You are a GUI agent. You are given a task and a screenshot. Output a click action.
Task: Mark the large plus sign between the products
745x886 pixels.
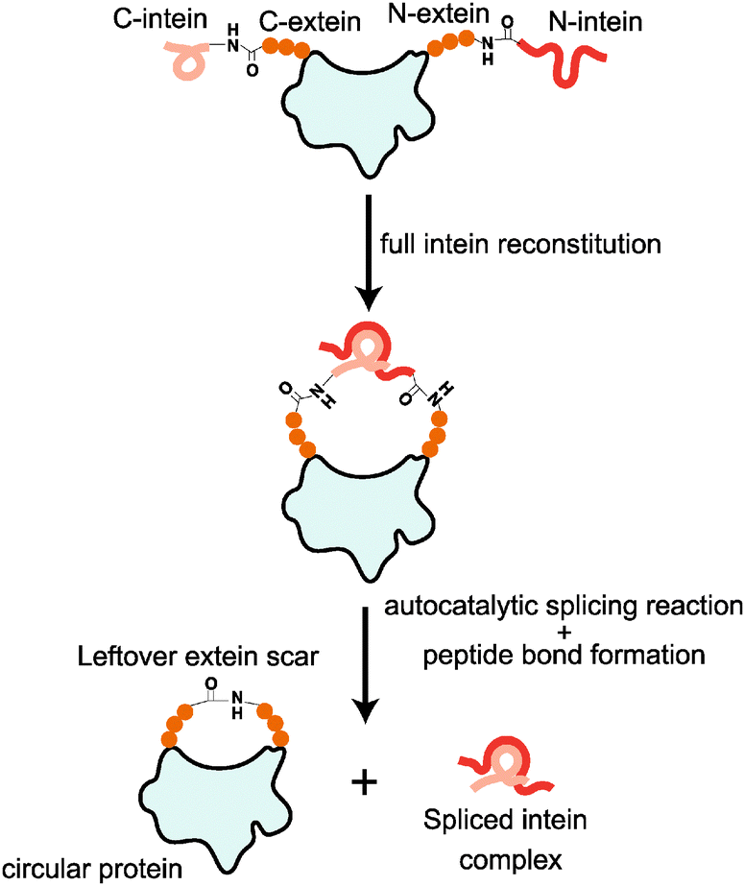(363, 780)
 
